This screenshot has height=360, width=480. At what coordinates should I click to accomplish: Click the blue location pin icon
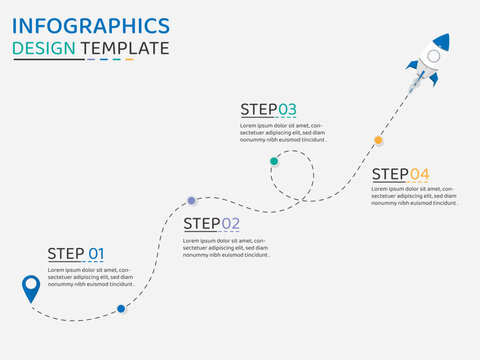[31, 287]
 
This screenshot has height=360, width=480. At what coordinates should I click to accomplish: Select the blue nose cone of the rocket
[442, 42]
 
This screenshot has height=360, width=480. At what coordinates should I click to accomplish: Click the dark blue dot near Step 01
[121, 309]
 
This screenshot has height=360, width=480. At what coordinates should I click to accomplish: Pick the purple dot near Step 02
[192, 201]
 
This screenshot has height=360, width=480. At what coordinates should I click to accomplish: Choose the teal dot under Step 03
[274, 160]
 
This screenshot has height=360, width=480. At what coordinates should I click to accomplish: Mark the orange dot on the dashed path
[378, 140]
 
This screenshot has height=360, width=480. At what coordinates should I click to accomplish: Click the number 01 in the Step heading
[96, 254]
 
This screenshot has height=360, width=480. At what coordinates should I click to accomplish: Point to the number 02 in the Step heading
[231, 224]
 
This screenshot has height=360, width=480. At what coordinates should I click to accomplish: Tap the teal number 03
[287, 109]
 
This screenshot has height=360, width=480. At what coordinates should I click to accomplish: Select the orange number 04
[420, 174]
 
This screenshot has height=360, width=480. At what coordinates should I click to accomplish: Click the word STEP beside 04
[389, 174]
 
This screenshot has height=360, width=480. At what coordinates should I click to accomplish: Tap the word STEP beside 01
[66, 254]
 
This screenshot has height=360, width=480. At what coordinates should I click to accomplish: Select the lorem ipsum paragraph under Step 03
[284, 132]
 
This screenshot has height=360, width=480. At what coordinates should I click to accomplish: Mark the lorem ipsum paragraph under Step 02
[227, 248]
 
